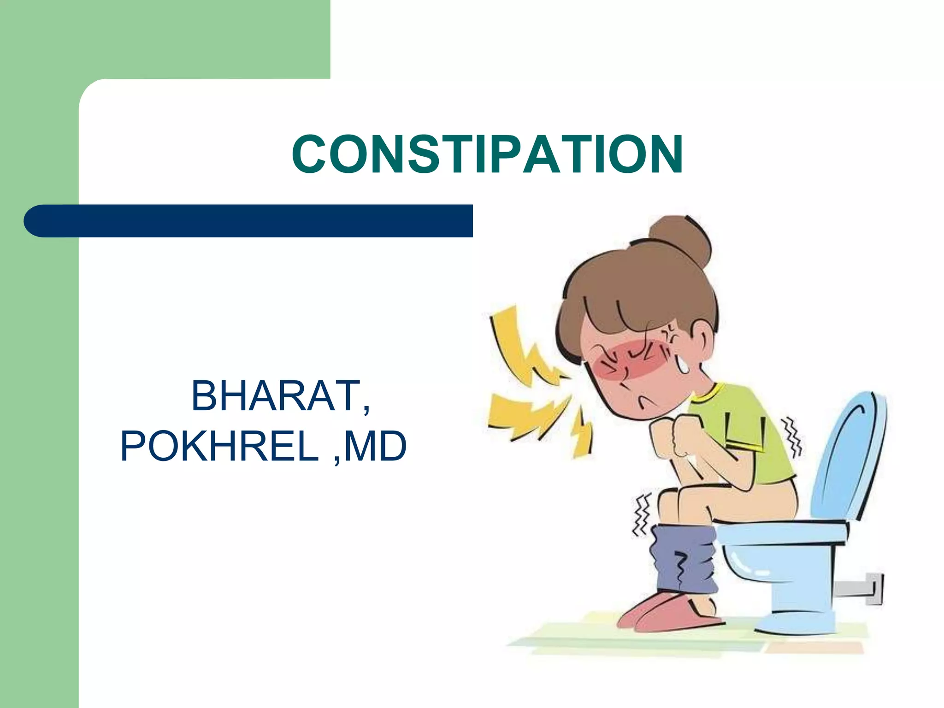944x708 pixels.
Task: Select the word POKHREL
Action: (219, 446)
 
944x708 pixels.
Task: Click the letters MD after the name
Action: (375, 446)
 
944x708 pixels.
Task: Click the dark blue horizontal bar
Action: (249, 221)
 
